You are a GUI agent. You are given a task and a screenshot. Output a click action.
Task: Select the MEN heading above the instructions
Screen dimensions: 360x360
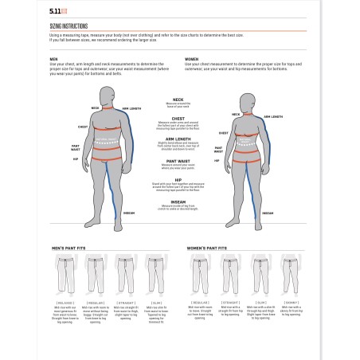(53, 59)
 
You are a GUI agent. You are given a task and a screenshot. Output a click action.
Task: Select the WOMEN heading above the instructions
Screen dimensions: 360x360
(192, 59)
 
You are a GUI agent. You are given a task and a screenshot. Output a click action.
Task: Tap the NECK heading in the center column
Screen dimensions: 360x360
(178, 100)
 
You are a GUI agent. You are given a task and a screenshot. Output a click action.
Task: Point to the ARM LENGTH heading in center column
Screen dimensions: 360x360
(178, 137)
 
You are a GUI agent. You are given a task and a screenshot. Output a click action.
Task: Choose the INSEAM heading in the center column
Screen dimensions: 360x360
(178, 202)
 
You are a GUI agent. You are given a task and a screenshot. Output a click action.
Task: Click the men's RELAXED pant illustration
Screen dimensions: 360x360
(65, 278)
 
